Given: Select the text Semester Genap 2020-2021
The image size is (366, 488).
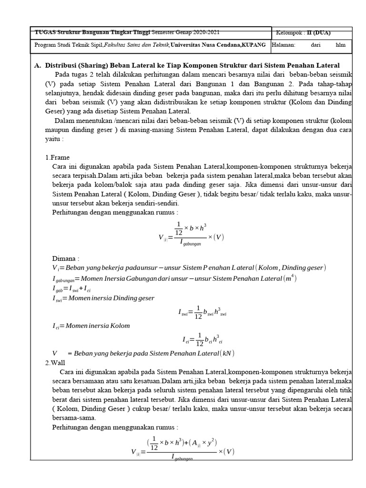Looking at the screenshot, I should [x=186, y=32].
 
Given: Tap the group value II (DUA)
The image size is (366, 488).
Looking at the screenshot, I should [x=318, y=32].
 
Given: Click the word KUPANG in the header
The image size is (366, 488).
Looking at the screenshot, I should [x=255, y=45].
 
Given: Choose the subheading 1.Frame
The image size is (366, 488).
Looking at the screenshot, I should [x=58, y=157].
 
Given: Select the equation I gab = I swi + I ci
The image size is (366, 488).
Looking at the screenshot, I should [x=74, y=288].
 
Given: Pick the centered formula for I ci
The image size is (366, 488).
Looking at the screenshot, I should [x=202, y=340].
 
